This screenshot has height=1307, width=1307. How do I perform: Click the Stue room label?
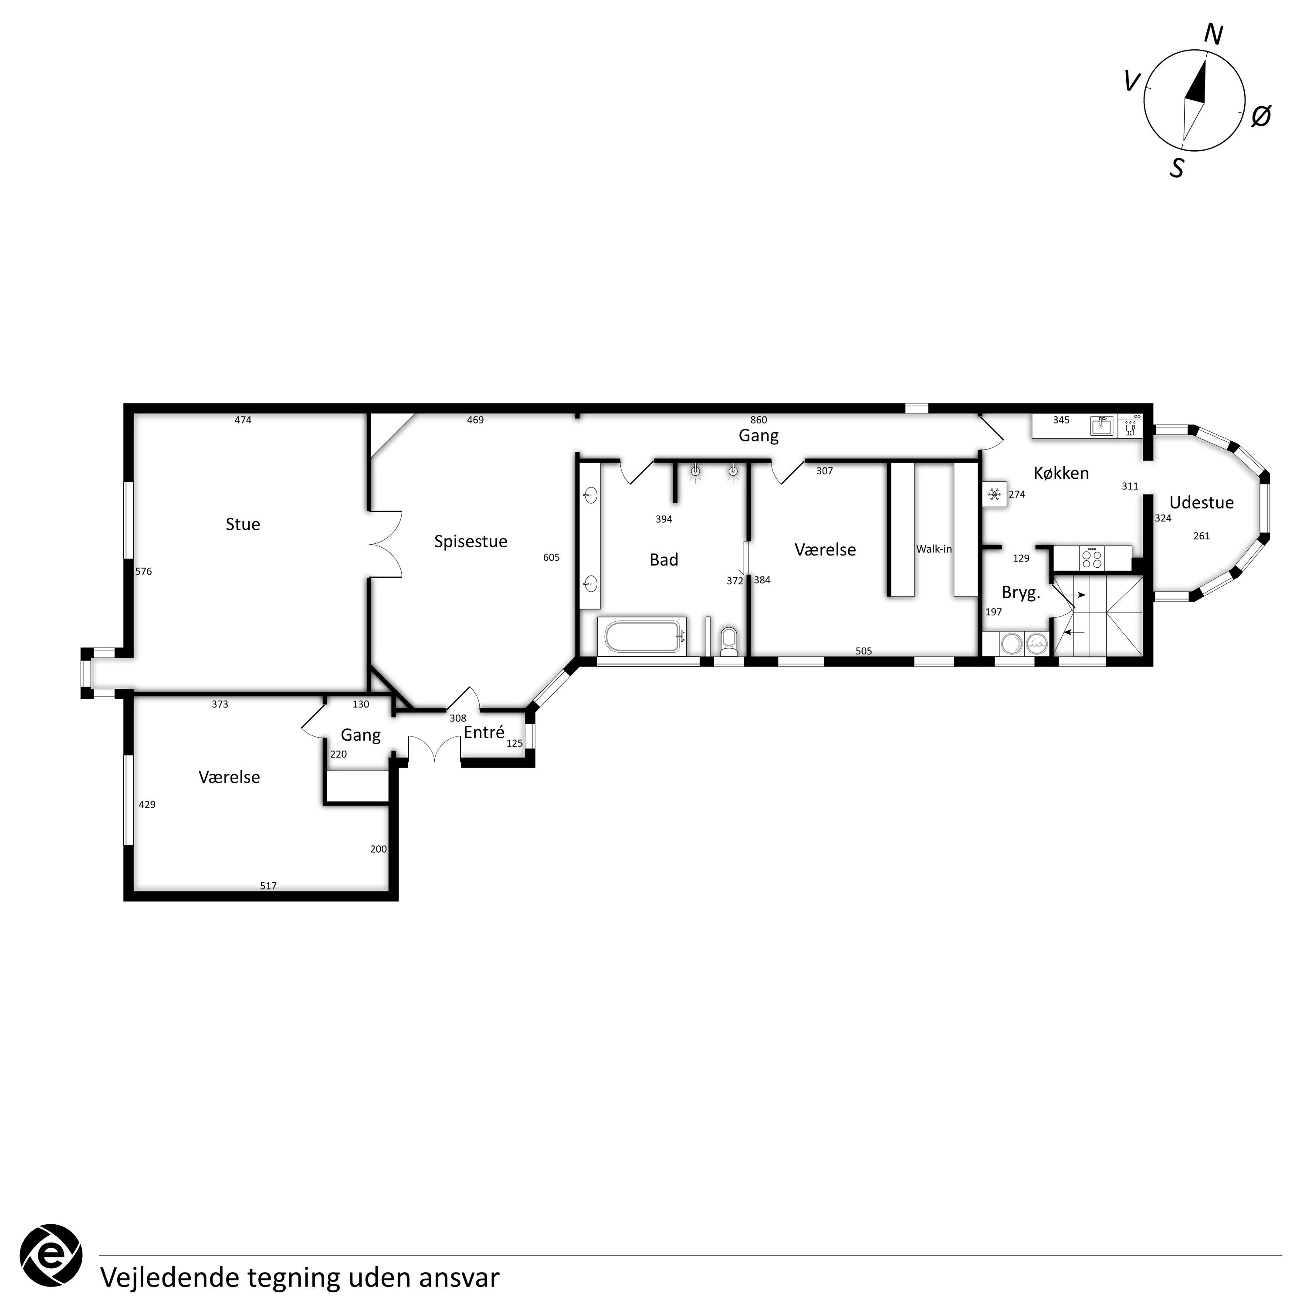[243, 524]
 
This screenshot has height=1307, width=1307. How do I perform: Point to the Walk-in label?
[934, 549]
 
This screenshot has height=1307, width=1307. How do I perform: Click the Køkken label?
[1061, 473]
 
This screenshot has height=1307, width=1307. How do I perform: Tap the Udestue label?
[1202, 503]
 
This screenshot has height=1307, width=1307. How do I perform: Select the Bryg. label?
[1021, 593]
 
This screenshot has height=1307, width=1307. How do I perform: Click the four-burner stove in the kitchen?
[1091, 558]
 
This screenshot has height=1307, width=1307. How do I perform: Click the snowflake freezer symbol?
[995, 494]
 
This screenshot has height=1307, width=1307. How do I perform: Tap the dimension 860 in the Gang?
[758, 420]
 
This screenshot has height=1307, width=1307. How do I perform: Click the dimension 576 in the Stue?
[143, 571]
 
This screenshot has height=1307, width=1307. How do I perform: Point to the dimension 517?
[268, 886]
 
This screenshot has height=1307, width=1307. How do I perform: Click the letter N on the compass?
[1214, 34]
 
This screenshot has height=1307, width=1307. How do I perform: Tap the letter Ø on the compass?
[1261, 116]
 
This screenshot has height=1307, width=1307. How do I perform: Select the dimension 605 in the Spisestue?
[552, 558]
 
